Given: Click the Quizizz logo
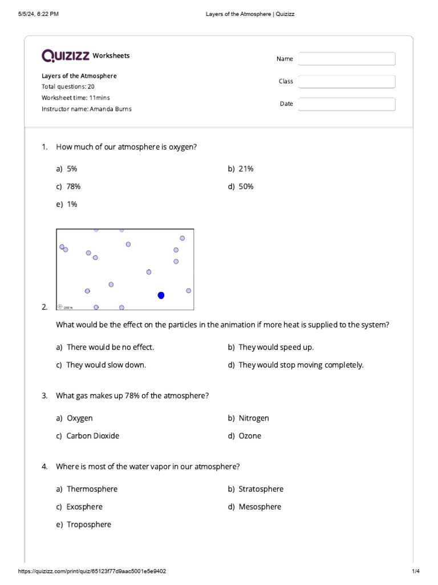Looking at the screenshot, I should click(65, 55).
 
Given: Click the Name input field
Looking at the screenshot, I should click(346, 59).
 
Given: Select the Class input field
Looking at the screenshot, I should click(346, 82).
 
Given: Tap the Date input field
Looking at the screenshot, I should click(346, 104).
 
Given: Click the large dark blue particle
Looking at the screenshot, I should click(161, 295).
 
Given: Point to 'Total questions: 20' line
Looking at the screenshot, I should click(68, 87).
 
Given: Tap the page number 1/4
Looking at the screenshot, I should click(415, 571).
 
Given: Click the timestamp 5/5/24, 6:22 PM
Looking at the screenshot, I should click(39, 14).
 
